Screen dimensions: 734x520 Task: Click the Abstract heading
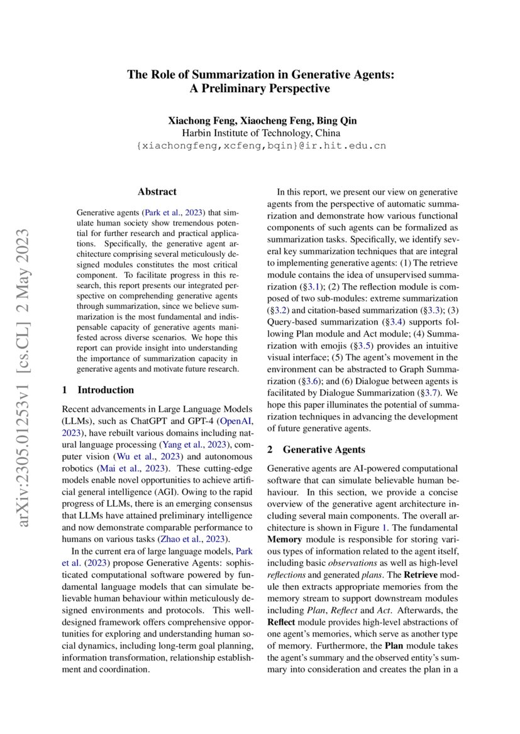click(x=157, y=192)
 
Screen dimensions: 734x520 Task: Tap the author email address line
click(x=260, y=146)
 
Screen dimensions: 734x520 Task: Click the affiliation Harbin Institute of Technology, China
click(x=260, y=133)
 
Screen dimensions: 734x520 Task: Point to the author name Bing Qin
click(x=335, y=120)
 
